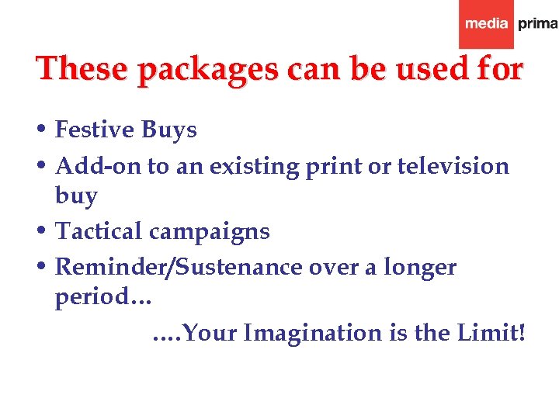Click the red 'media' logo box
(x=486, y=24)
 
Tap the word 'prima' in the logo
(x=537, y=24)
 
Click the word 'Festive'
(x=95, y=130)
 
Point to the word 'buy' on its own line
(x=76, y=196)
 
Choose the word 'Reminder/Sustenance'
(x=179, y=267)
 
